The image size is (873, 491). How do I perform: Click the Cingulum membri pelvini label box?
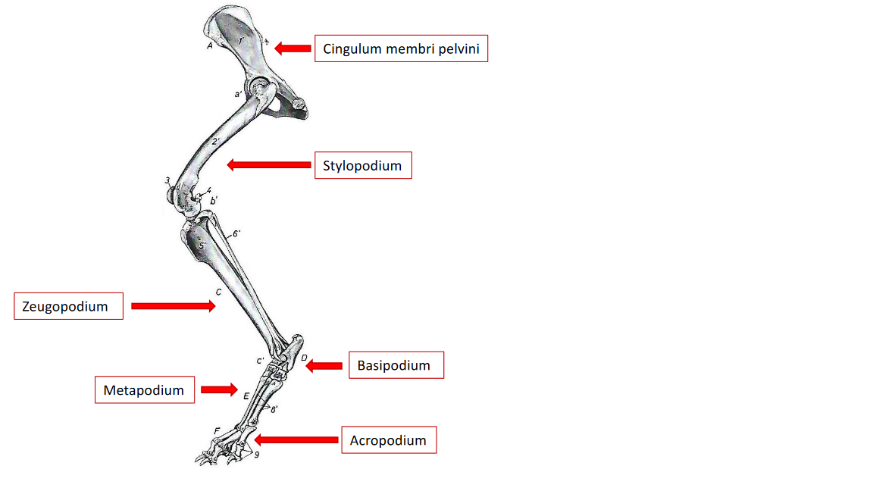401,49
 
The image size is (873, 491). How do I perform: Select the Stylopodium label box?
363,165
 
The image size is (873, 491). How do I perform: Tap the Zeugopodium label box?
68,306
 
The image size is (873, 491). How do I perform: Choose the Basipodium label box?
396,365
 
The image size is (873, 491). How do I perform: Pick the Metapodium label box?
144,390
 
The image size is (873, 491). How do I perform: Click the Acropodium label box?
389,440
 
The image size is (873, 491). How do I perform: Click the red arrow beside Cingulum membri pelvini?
293,48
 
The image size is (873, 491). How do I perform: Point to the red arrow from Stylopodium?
269,164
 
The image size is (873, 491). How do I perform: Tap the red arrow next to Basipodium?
324,366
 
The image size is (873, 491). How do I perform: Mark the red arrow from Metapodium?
220,390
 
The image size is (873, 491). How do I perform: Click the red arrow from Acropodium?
296,439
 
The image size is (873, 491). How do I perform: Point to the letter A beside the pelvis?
210,46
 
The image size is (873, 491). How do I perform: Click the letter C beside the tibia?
218,292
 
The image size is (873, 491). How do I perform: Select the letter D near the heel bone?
303,358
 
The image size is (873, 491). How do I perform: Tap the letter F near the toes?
217,431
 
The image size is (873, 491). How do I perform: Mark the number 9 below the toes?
257,455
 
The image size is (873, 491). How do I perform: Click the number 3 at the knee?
167,180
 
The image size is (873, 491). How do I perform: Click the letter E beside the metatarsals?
246,396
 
